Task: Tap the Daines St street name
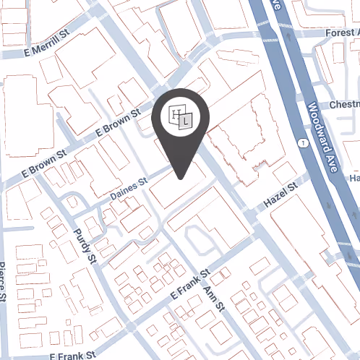[x=129, y=190]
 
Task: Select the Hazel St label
[x=281, y=195]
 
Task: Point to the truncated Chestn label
[x=343, y=106]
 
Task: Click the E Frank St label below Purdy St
[x=73, y=356]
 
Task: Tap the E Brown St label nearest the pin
[x=117, y=124]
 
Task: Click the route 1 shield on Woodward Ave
[x=301, y=144]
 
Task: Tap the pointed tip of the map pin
[x=181, y=178]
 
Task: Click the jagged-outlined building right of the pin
[x=242, y=137]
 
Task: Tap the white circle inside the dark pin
[x=181, y=117]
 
